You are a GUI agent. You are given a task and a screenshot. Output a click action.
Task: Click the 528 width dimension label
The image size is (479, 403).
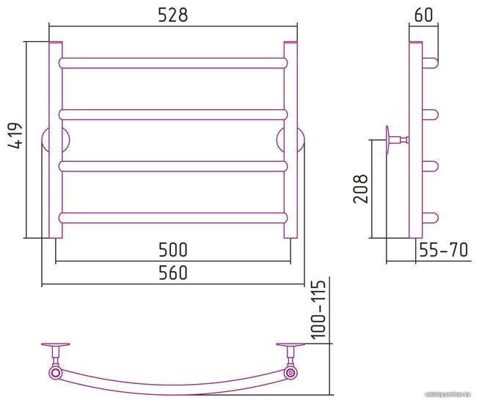click(173, 15)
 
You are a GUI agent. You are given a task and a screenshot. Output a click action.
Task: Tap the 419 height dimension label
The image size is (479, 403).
click(15, 136)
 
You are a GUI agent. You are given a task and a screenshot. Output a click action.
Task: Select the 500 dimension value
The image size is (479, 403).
click(173, 250)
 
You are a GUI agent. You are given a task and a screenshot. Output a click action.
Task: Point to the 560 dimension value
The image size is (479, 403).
click(173, 273)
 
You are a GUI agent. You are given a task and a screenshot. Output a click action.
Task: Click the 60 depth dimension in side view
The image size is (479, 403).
click(424, 15)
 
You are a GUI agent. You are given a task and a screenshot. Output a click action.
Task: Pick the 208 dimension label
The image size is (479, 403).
click(360, 189)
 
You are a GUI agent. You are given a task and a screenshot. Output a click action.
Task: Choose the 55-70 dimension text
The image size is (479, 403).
click(443, 250)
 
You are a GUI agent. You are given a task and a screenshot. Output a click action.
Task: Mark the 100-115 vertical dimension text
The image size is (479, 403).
click(318, 309)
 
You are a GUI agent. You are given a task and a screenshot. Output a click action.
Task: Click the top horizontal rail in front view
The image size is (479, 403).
click(173, 63)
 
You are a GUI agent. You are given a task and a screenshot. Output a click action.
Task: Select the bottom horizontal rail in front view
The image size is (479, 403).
click(173, 218)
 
